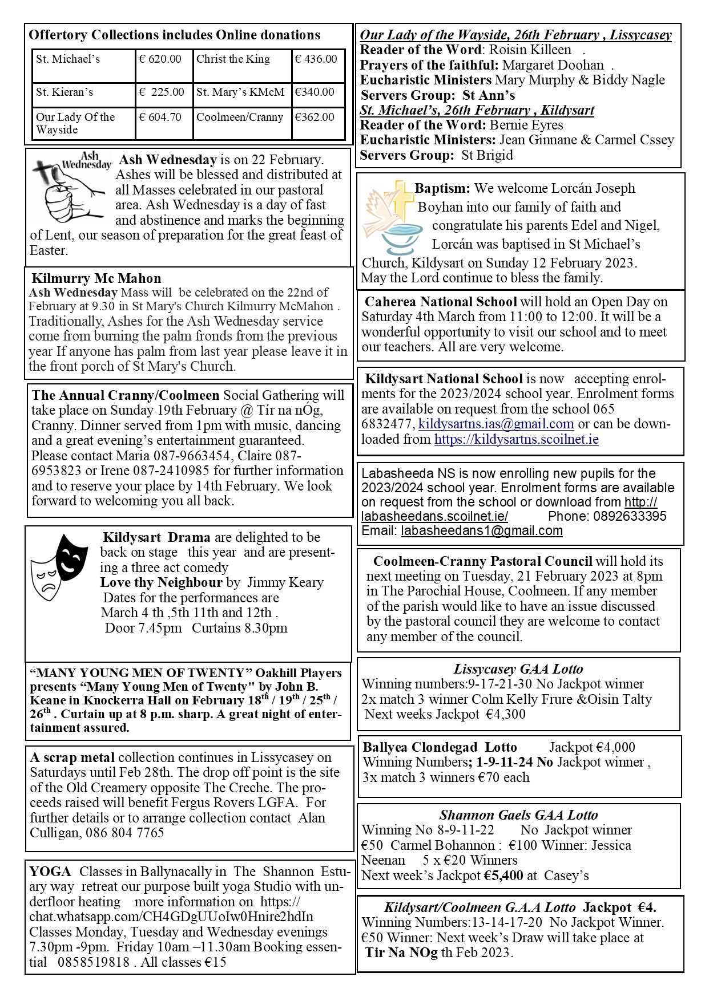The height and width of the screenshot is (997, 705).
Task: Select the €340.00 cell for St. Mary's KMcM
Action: point(315,92)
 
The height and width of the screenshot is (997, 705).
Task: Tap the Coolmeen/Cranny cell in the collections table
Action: point(240,117)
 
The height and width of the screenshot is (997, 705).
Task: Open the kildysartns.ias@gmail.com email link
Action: point(496,424)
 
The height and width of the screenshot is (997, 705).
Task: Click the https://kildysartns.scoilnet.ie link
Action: point(516,439)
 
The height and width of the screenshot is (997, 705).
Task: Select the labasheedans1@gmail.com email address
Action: point(482,531)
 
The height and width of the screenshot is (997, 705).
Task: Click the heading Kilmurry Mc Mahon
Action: point(96,278)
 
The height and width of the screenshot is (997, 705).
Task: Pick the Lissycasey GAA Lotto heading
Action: point(518,669)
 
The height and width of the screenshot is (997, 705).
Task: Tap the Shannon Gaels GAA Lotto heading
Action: point(518,815)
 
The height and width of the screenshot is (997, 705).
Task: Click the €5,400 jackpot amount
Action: point(503,876)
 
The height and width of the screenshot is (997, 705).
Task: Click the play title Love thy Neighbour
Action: point(161,582)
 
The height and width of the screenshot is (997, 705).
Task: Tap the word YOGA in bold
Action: point(50,872)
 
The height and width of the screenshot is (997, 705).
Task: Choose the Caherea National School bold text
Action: point(441,302)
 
